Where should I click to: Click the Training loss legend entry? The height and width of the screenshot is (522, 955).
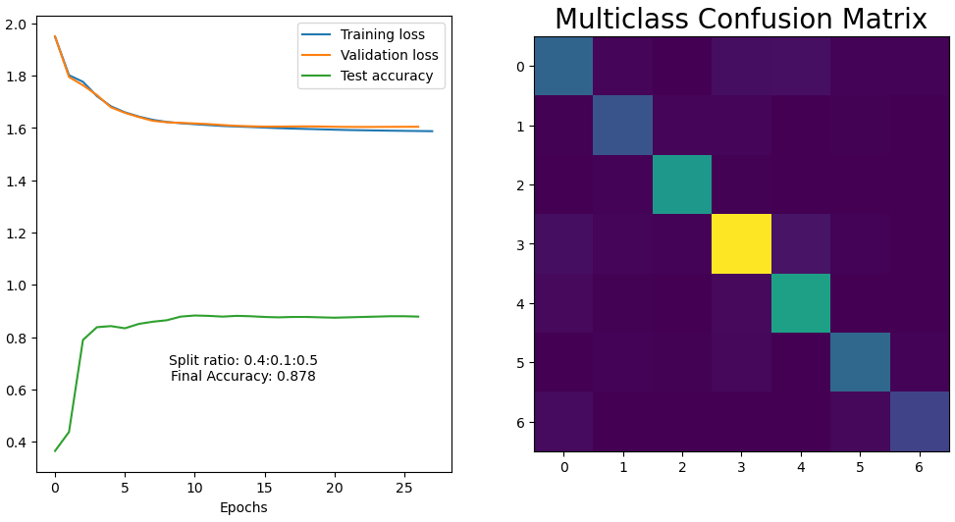pyautogui.click(x=382, y=35)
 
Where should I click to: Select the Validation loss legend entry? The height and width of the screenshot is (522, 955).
pyautogui.click(x=389, y=56)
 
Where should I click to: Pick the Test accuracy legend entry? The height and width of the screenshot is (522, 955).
pyautogui.click(x=386, y=77)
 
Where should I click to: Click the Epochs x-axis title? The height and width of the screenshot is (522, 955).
pyautogui.click(x=243, y=507)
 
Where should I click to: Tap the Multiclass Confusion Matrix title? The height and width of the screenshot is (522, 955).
pyautogui.click(x=741, y=20)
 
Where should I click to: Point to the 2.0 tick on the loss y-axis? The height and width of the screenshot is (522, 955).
pyautogui.click(x=19, y=24)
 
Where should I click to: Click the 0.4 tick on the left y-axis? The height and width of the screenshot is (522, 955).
pyautogui.click(x=19, y=443)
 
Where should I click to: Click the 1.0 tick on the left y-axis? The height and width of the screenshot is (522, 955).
pyautogui.click(x=19, y=286)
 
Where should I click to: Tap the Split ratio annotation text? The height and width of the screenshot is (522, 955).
pyautogui.click(x=243, y=360)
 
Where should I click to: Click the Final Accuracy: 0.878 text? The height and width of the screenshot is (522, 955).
pyautogui.click(x=243, y=376)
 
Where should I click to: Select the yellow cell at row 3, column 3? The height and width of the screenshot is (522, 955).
pyautogui.click(x=741, y=244)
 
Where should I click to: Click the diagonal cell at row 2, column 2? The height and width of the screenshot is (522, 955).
pyautogui.click(x=682, y=184)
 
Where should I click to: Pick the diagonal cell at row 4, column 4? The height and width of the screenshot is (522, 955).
pyautogui.click(x=801, y=303)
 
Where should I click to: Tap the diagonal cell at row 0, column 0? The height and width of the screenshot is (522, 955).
pyautogui.click(x=563, y=66)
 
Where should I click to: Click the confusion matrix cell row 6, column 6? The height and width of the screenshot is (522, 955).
pyautogui.click(x=920, y=422)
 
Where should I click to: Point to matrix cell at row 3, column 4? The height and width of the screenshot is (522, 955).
pyautogui.click(x=801, y=244)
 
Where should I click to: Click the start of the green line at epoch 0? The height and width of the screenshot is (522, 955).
pyautogui.click(x=55, y=450)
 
